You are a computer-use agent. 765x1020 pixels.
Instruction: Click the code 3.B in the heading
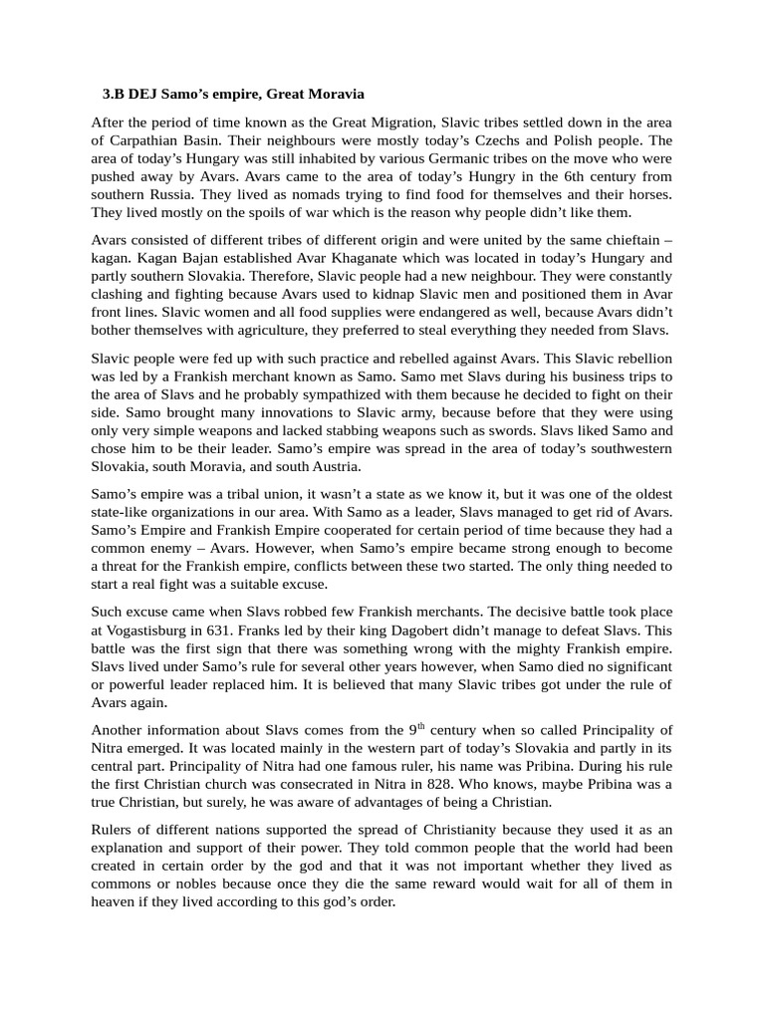pos(116,94)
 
